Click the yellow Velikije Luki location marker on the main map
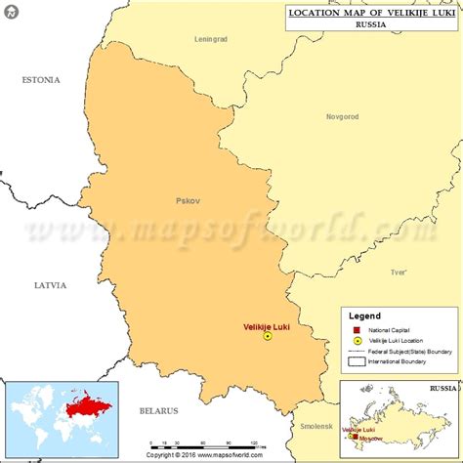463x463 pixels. click(x=268, y=336)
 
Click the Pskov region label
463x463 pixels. click(x=188, y=201)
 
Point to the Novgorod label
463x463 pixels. click(x=342, y=116)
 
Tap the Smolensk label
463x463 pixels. click(x=316, y=426)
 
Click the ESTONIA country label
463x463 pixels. click(x=41, y=80)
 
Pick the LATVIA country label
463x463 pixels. click(x=49, y=285)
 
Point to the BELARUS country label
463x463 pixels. click(x=159, y=411)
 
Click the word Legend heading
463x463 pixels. click(x=365, y=316)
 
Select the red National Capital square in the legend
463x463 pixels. click(x=357, y=329)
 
